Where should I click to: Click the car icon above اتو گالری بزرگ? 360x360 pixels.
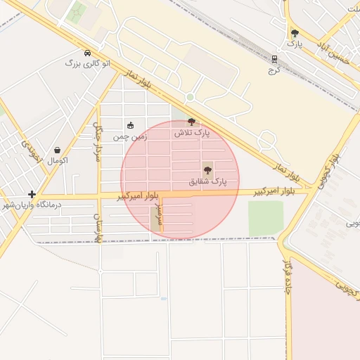click(87, 53)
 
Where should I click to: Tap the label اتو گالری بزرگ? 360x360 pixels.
click(87, 63)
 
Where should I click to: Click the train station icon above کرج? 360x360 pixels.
click(274, 59)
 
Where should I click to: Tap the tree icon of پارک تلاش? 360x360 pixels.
click(192, 122)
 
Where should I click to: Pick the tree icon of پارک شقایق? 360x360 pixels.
click(207, 169)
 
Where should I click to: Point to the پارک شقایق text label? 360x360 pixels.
click(208, 181)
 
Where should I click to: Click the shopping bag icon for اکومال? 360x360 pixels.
click(57, 150)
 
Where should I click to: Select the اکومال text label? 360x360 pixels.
click(57, 160)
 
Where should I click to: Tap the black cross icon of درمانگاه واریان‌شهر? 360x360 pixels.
click(32, 194)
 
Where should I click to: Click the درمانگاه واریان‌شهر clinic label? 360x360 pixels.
click(32, 205)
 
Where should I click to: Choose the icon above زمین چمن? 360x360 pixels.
click(130, 125)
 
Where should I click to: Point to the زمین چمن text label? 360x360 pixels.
click(131, 136)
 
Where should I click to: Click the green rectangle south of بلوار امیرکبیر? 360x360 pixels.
click(265, 219)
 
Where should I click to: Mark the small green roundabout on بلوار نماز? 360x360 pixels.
click(190, 97)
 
